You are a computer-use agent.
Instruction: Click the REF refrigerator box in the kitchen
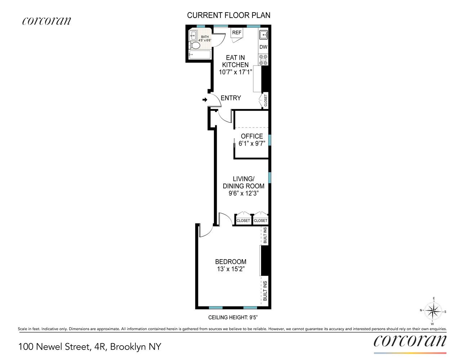(x=237, y=33)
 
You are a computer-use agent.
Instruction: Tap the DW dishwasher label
(x=263, y=47)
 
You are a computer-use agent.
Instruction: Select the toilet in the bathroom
(x=194, y=46)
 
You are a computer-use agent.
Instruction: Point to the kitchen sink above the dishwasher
(x=263, y=35)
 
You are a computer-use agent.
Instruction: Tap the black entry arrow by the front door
(x=205, y=100)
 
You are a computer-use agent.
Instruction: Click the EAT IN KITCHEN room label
(x=235, y=61)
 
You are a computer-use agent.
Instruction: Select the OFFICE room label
(x=252, y=136)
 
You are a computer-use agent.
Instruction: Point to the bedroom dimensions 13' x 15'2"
(x=230, y=269)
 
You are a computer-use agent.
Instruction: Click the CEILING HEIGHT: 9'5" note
(x=233, y=318)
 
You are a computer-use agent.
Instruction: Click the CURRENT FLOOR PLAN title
(x=229, y=15)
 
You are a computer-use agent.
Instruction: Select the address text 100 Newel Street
(x=53, y=347)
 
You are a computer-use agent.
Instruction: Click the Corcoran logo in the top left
(x=46, y=21)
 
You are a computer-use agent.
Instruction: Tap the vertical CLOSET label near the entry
(x=266, y=100)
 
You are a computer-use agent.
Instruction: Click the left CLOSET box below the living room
(x=243, y=221)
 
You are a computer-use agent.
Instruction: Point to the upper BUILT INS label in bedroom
(x=265, y=235)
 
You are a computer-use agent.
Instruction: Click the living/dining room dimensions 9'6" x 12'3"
(x=243, y=193)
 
